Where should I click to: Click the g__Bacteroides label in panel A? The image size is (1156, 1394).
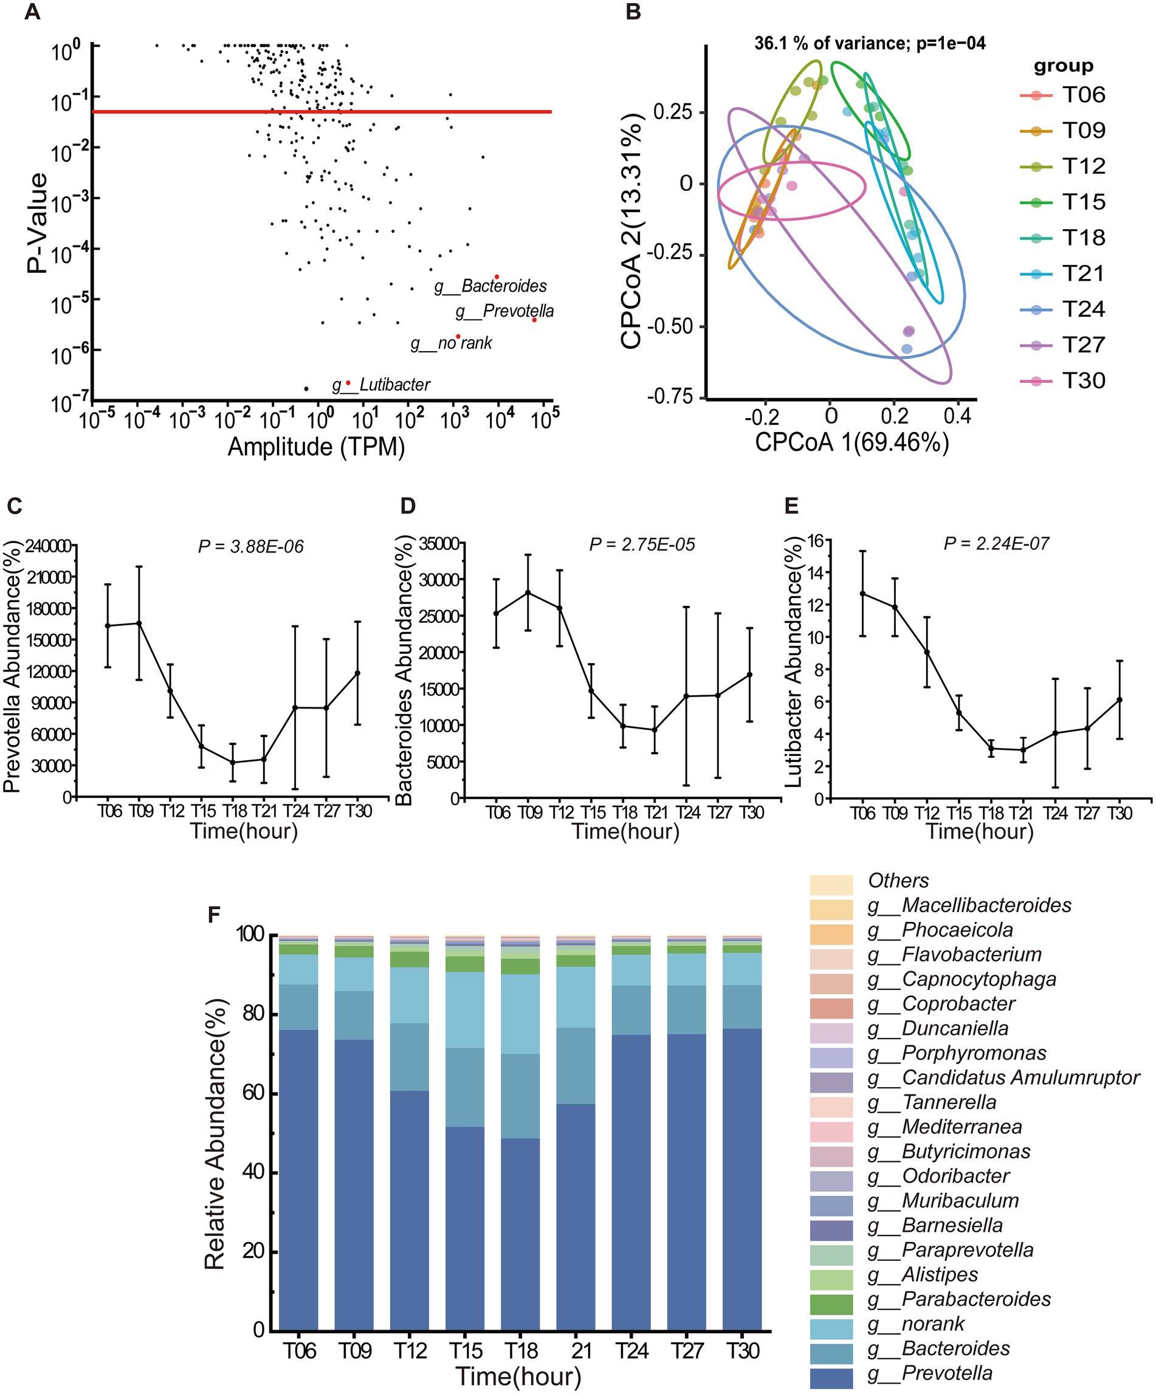tap(490, 286)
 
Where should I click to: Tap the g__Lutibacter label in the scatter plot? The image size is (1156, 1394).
tap(381, 385)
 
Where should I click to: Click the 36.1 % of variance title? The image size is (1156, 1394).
tap(870, 44)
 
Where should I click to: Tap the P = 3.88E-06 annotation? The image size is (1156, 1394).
tap(251, 546)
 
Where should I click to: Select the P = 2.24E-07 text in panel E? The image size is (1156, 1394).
tap(997, 544)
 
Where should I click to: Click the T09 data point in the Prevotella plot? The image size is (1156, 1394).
tap(139, 623)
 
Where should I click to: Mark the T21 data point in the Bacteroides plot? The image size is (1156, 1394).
tap(655, 730)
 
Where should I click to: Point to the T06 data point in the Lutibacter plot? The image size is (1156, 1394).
tap(862, 594)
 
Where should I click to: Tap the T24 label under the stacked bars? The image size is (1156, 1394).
tap(631, 1350)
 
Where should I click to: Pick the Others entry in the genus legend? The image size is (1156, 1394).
tap(898, 881)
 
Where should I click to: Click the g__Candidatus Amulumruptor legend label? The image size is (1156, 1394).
tap(1020, 1077)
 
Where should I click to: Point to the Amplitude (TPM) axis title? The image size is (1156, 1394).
tap(316, 447)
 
